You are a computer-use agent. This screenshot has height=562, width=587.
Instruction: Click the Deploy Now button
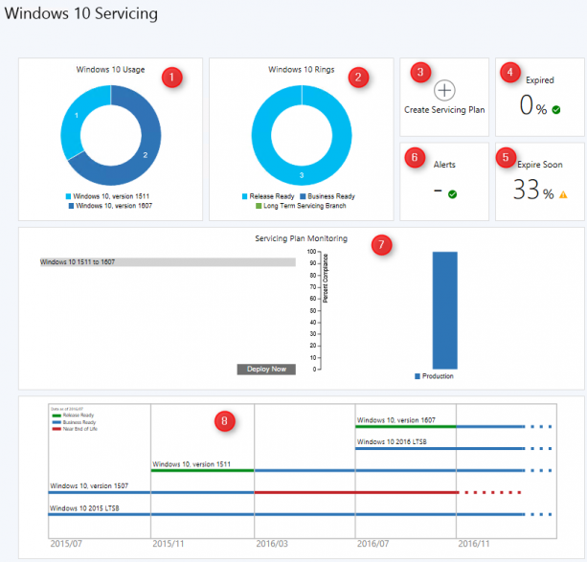[266, 369]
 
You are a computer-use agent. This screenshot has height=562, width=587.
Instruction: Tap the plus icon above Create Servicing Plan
[444, 91]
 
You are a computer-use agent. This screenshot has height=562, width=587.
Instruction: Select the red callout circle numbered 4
[510, 72]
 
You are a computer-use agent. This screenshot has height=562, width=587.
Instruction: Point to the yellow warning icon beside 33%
[563, 194]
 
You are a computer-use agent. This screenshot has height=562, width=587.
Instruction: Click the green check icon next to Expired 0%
[556, 109]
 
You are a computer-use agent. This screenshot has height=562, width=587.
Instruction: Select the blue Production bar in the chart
[444, 308]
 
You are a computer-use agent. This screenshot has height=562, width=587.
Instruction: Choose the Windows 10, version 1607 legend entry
[114, 205]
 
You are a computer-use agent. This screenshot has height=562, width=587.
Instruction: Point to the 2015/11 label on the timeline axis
[169, 544]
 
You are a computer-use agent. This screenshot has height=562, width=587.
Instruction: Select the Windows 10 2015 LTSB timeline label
[85, 508]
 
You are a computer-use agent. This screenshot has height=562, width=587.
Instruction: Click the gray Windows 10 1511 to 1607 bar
[167, 261]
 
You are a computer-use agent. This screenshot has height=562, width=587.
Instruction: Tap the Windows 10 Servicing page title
[81, 14]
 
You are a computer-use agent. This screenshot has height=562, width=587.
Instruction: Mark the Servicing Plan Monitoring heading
[300, 237]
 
